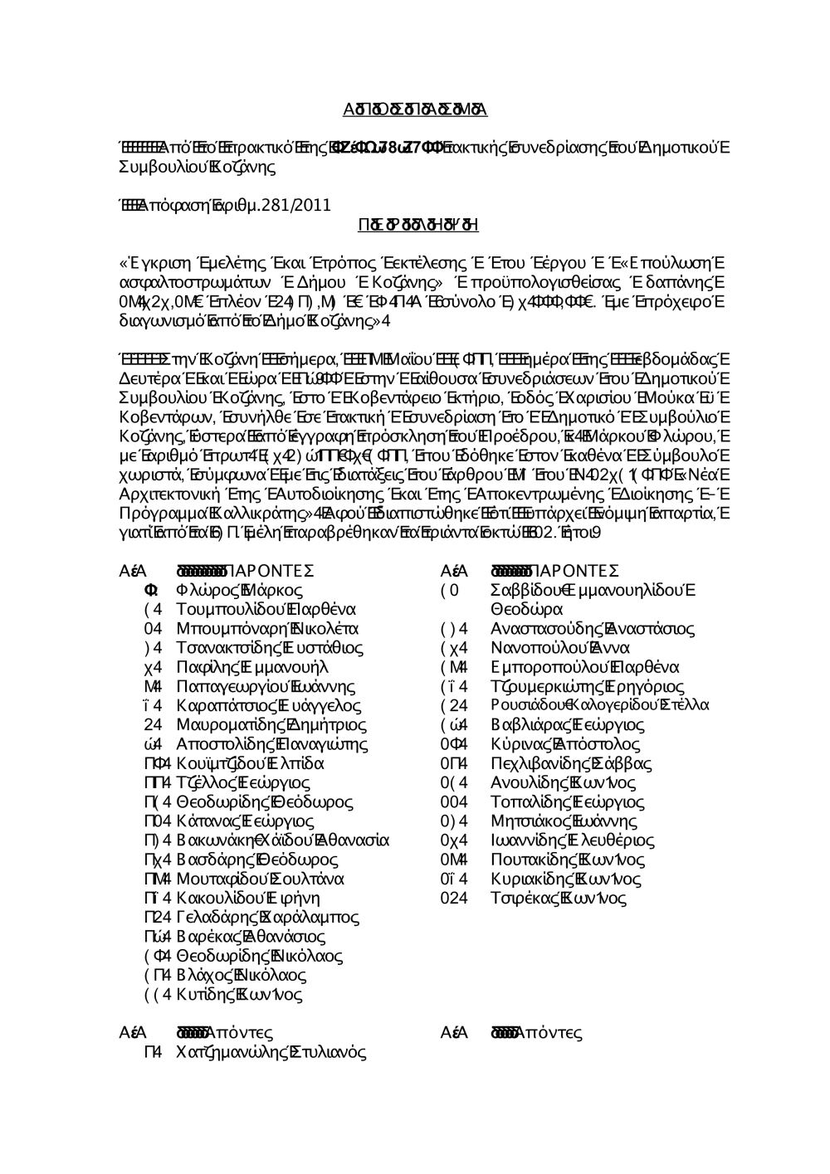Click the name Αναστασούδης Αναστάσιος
point(593,628)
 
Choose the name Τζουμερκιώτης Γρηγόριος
point(588,686)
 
